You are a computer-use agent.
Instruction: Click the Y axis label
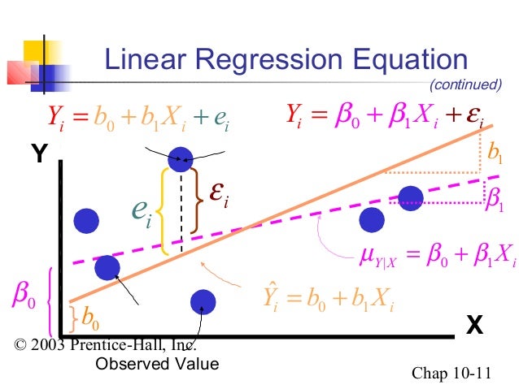(37, 152)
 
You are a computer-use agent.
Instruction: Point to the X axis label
(474, 326)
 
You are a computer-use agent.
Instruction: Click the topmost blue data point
(182, 158)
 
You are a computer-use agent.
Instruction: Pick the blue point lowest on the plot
(203, 302)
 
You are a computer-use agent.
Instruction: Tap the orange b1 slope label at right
(494, 156)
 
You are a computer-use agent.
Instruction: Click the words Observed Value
(157, 364)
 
